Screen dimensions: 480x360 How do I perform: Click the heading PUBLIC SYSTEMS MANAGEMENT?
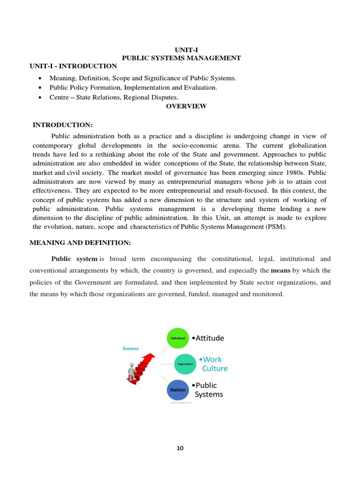click(x=181, y=58)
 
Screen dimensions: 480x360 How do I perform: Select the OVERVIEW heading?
click(x=186, y=106)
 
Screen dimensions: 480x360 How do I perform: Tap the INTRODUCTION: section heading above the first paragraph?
click(x=63, y=125)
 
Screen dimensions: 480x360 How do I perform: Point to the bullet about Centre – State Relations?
click(x=114, y=97)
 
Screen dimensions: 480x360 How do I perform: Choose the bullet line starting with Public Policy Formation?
click(x=133, y=88)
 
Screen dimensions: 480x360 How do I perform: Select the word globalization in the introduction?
click(x=305, y=145)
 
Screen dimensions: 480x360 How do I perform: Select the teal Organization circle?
click(x=184, y=364)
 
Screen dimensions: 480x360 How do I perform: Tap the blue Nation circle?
click(x=178, y=390)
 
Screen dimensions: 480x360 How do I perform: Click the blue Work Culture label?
click(x=213, y=364)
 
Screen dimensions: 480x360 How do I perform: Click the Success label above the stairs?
click(x=130, y=348)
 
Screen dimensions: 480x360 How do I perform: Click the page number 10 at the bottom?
click(x=180, y=448)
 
